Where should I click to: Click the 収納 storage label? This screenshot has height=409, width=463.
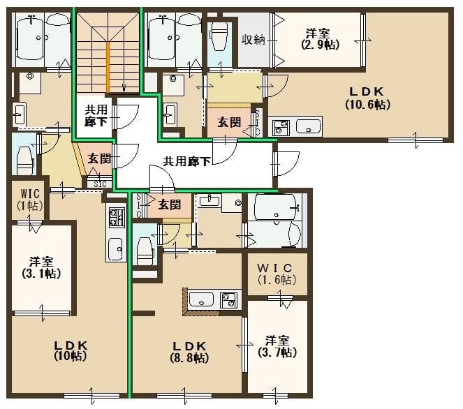[x=253, y=40]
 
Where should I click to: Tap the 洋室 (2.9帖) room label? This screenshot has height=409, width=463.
[x=320, y=39]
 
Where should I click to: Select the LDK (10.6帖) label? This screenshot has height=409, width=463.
[x=367, y=98]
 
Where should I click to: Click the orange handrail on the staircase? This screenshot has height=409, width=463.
[x=108, y=66]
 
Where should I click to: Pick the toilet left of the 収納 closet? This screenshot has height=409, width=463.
[x=219, y=36]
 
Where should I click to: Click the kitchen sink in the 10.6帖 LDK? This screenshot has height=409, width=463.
[x=308, y=127]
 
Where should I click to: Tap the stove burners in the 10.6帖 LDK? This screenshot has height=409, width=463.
[x=281, y=128]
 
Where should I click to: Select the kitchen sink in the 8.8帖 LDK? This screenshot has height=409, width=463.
[x=201, y=300]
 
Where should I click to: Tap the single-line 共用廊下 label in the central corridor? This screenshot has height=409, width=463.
[x=186, y=161]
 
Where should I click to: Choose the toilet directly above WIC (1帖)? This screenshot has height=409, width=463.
[x=24, y=155]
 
